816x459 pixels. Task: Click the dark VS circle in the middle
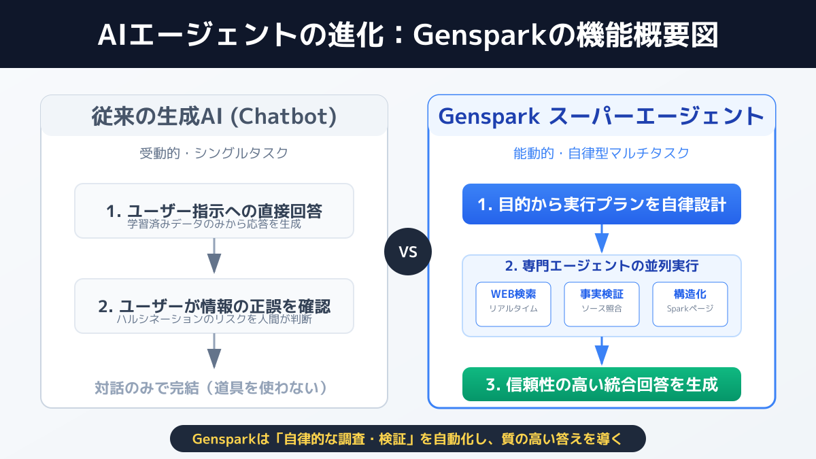pos(407,252)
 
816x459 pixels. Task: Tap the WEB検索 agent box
pos(513,304)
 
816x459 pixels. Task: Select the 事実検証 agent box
pos(602,304)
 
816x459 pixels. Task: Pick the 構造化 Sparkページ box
pos(690,304)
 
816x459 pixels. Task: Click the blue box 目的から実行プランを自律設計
pos(602,204)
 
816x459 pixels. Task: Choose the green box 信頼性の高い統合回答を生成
pos(602,384)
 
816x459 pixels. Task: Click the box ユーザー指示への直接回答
pos(214,211)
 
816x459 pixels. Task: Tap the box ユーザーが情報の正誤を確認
pos(214,306)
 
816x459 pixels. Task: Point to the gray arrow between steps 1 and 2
pos(214,259)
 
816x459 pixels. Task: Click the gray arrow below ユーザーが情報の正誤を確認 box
pos(214,354)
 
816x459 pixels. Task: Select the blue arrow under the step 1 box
pos(602,239)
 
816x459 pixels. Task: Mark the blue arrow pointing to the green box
pos(602,352)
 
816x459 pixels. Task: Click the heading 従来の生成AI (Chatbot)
pos(214,116)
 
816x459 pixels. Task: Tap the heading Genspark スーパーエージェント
pos(602,116)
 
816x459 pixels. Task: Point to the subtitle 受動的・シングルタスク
pos(214,153)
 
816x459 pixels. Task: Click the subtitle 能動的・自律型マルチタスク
pos(602,153)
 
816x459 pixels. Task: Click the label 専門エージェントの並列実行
pos(602,266)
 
